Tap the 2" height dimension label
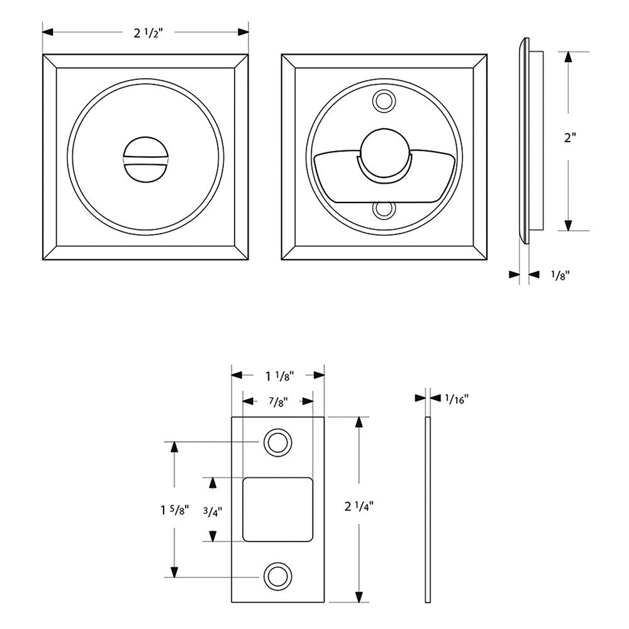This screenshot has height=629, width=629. point(570,138)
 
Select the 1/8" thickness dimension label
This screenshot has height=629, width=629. point(559,274)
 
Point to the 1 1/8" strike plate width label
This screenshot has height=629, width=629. point(278,376)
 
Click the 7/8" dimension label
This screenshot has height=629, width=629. point(278,401)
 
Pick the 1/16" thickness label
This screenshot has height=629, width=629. point(457,398)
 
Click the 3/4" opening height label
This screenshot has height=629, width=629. point(213,511)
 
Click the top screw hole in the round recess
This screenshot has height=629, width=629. point(384,100)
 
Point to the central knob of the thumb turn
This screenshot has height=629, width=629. point(384,155)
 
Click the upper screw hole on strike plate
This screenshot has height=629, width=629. point(277,442)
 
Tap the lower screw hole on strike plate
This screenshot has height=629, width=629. point(277,576)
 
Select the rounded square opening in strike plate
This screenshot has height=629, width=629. point(278,509)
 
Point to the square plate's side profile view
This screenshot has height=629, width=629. point(525,140)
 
